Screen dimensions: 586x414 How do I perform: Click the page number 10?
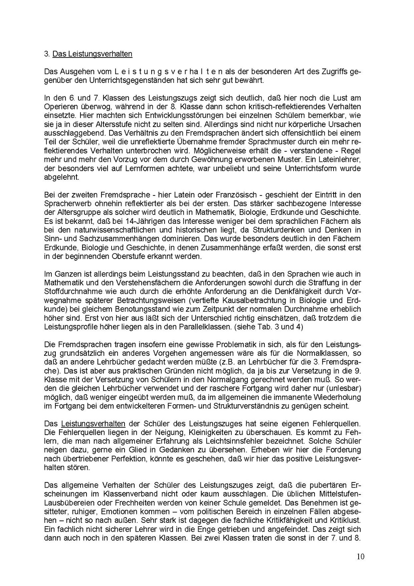361,556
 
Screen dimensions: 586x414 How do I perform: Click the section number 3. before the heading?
47,54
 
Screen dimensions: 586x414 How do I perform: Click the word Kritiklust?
344,520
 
